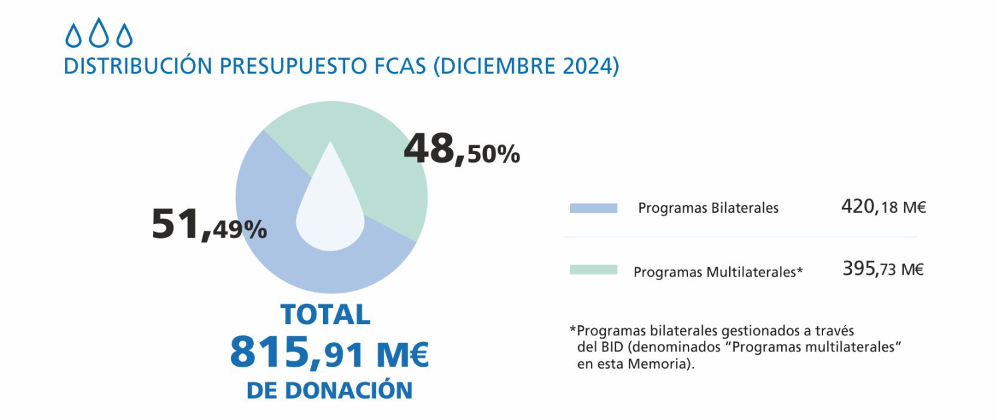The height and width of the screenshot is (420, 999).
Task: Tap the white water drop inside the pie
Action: tap(330, 207)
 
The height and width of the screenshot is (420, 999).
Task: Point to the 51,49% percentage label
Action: tap(209, 225)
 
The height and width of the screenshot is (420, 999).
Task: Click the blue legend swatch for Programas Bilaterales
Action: tap(593, 208)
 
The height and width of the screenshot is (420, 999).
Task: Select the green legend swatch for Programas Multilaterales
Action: tap(593, 270)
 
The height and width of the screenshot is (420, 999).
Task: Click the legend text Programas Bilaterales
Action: tap(708, 208)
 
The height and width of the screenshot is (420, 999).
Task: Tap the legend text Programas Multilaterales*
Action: tap(718, 272)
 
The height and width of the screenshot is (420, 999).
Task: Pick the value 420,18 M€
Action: tap(883, 207)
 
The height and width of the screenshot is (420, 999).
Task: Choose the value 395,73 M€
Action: tap(883, 269)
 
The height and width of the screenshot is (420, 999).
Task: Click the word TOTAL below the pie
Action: tap(325, 315)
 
